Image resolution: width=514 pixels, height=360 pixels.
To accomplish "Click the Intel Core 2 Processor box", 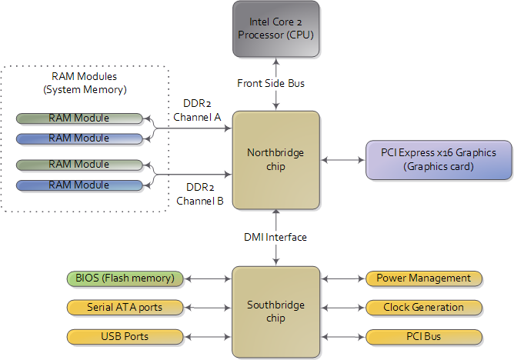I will point(276,28).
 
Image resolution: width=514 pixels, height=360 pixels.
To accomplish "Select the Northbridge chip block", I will point(276,159).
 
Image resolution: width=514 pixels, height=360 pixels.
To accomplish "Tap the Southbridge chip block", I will point(276,311).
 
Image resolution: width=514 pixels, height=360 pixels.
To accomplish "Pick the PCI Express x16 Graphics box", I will point(438,159).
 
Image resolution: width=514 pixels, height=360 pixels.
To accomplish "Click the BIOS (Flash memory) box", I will point(125,278).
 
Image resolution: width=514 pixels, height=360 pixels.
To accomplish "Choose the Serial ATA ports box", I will point(125,307).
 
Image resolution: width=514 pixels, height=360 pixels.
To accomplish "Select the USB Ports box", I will point(125,336).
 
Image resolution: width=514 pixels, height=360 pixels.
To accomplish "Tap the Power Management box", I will point(424,278).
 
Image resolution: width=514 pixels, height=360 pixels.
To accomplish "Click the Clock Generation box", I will point(424,307).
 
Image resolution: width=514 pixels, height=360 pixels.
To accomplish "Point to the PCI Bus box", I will point(424,336).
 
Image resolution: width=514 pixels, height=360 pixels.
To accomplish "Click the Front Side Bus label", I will point(276,83).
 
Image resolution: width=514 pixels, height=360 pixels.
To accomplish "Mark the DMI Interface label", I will point(276,237).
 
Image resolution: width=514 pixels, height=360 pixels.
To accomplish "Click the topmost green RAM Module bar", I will point(79,118).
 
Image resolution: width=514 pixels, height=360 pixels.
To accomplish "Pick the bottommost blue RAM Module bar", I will point(79,185).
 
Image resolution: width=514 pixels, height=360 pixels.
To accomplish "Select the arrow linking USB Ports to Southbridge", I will point(207,336).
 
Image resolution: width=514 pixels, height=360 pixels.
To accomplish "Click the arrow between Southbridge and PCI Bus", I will point(343,336).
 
